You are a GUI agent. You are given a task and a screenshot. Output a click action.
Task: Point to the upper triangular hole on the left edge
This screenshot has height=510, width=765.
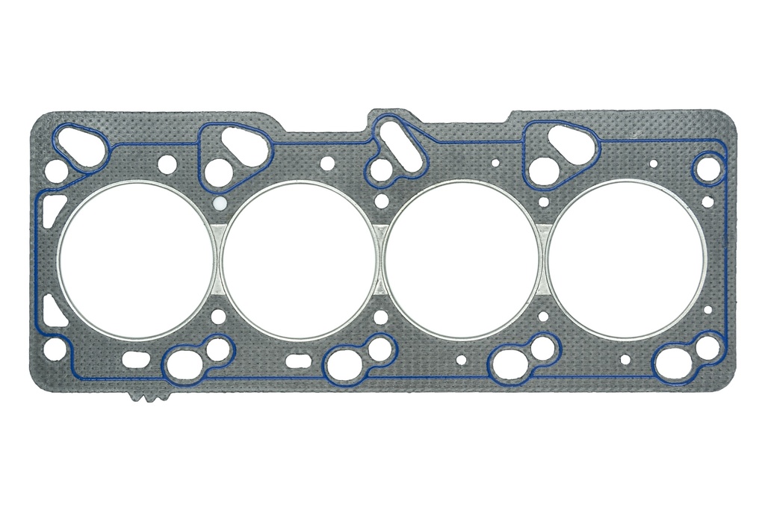coord(52,209)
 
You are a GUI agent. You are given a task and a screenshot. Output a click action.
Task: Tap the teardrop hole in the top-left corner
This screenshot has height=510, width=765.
coord(81,145)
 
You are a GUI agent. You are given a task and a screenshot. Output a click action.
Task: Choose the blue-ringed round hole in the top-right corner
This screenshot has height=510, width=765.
coord(707,169)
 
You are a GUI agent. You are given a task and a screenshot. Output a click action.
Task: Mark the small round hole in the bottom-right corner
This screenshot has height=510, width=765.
coord(707,346)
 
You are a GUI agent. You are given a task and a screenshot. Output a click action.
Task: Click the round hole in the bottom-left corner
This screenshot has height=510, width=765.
coord(54,348)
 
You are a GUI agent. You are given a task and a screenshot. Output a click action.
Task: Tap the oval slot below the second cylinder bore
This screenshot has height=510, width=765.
coord(298,361)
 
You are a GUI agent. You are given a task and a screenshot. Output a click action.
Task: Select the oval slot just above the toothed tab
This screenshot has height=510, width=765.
coord(135,359)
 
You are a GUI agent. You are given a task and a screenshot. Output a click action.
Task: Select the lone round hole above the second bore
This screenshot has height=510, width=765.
coord(327,164)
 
